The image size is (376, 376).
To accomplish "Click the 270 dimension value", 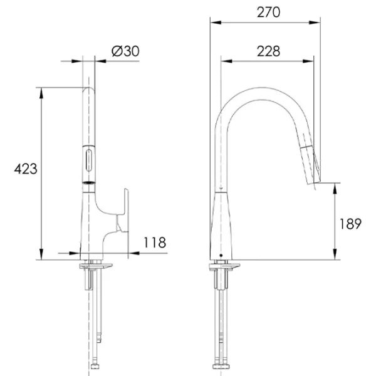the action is pyautogui.click(x=268, y=13).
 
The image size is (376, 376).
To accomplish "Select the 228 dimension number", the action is pyautogui.click(x=268, y=51).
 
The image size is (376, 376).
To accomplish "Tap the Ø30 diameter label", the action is pyautogui.click(x=125, y=51).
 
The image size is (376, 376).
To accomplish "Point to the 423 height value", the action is pyautogui.click(x=26, y=169).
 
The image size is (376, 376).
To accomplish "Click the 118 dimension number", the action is pyautogui.click(x=155, y=243).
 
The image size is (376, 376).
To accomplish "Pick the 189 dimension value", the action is pyautogui.click(x=350, y=224).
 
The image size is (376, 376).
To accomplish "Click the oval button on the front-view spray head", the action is pyautogui.click(x=89, y=160).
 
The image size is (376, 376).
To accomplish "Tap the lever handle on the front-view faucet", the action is pyautogui.click(x=123, y=211).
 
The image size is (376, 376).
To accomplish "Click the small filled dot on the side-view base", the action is pyautogui.click(x=221, y=256).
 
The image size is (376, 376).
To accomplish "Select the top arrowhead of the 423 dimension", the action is pyautogui.click(x=41, y=93).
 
